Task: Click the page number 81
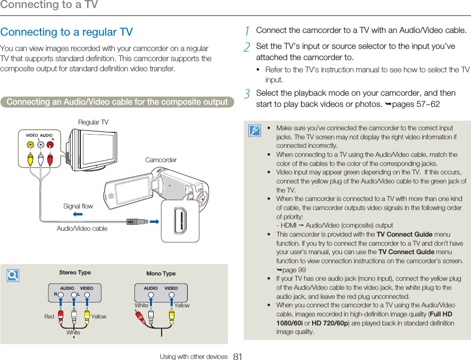[x=238, y=356]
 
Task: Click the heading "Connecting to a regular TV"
[x=66, y=32]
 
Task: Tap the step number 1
[x=247, y=31]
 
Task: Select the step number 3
[x=247, y=94]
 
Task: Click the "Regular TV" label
[x=93, y=122]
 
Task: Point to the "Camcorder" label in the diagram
[x=161, y=160]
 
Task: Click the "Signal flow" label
[x=78, y=206]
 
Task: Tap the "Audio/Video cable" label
[x=82, y=228]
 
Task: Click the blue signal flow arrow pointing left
[x=78, y=214]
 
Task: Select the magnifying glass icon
[x=13, y=275]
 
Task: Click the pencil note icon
[x=255, y=130]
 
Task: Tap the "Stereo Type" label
[x=75, y=273]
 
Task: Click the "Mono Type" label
[x=161, y=273]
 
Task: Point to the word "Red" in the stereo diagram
[x=49, y=316]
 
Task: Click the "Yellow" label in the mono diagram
[x=182, y=305]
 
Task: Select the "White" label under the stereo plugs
[x=73, y=332]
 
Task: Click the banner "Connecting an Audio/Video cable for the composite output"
[x=117, y=102]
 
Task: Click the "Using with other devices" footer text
[x=194, y=356]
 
